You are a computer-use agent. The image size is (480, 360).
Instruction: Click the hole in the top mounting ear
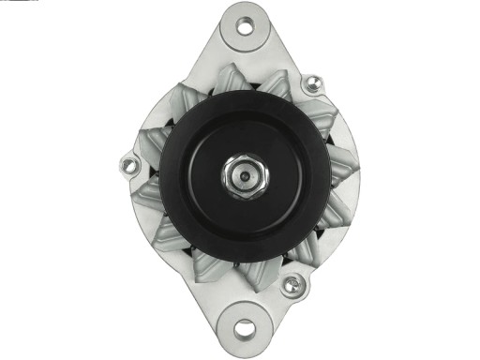point(245,25)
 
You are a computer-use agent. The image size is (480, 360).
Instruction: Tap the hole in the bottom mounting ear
point(245,329)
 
